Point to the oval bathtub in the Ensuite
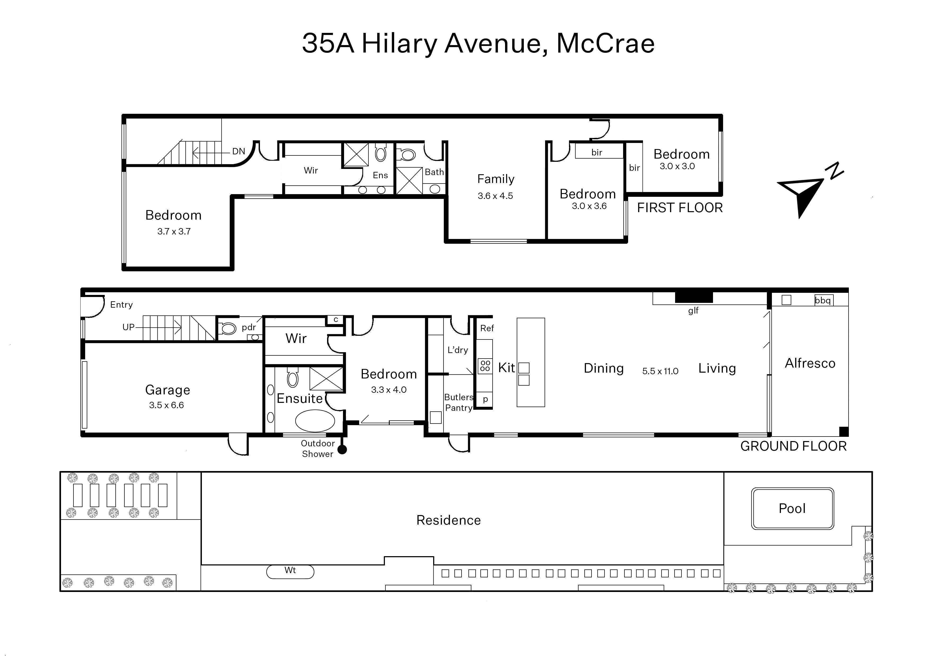click(x=315, y=421)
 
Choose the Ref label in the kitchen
click(x=487, y=328)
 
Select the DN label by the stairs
click(x=239, y=151)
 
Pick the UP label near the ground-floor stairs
click(x=128, y=327)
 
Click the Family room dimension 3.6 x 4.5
click(x=495, y=196)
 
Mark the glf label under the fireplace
click(x=693, y=311)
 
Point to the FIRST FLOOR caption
click(x=680, y=208)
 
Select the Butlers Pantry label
click(x=459, y=402)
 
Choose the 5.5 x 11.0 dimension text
click(x=660, y=371)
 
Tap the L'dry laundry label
click(x=458, y=350)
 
